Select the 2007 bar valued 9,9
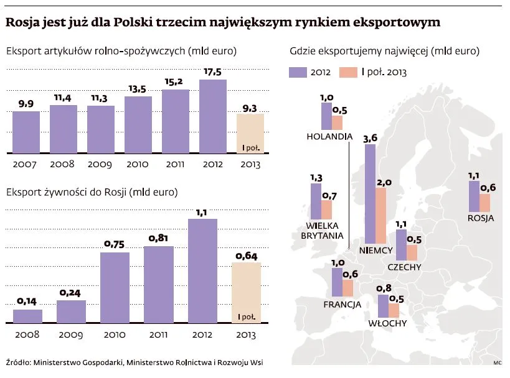(x=26, y=132)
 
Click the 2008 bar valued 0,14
(x=28, y=316)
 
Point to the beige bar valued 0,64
(x=246, y=292)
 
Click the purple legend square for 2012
(x=300, y=72)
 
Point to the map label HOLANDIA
(x=330, y=137)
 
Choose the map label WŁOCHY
(x=388, y=323)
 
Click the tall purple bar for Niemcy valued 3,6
(x=370, y=193)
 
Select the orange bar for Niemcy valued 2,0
(x=381, y=215)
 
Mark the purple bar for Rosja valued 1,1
(x=474, y=196)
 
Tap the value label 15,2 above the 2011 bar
(x=175, y=82)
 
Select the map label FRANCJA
(x=342, y=305)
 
